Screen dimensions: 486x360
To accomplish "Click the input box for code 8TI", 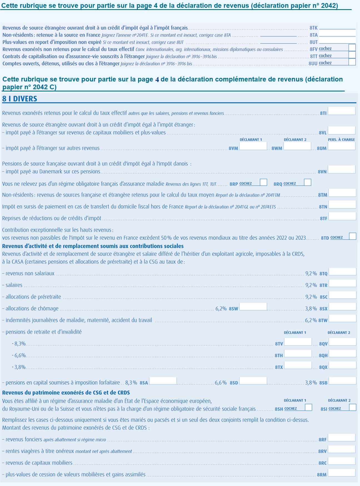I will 341,111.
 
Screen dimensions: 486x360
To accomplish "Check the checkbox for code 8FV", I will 352,48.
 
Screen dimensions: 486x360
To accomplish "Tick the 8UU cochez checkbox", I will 352,62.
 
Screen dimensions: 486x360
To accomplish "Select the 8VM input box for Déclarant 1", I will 253,146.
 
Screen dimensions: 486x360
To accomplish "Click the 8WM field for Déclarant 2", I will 297,146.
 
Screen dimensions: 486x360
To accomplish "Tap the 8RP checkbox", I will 263,182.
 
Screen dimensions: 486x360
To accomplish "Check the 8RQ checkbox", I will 307,182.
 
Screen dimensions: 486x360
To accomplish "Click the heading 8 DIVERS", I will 19,99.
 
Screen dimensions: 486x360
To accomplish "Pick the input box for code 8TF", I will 342,216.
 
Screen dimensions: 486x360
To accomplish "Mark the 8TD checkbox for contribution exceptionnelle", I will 352,236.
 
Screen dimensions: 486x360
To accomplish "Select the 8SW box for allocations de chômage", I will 253,306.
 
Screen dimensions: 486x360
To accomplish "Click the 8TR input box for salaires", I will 342,283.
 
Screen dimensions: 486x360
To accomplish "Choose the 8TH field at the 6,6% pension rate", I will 298,353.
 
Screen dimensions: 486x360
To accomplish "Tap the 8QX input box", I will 342,365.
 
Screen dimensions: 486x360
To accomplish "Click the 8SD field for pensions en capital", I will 253,381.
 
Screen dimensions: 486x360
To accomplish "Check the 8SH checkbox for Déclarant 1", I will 308,407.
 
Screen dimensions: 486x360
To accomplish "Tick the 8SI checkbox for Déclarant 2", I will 352,407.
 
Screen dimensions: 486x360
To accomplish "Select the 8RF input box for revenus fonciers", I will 341,437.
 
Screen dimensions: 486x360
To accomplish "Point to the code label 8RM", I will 322,475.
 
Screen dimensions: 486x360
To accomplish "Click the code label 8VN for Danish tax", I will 322,172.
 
